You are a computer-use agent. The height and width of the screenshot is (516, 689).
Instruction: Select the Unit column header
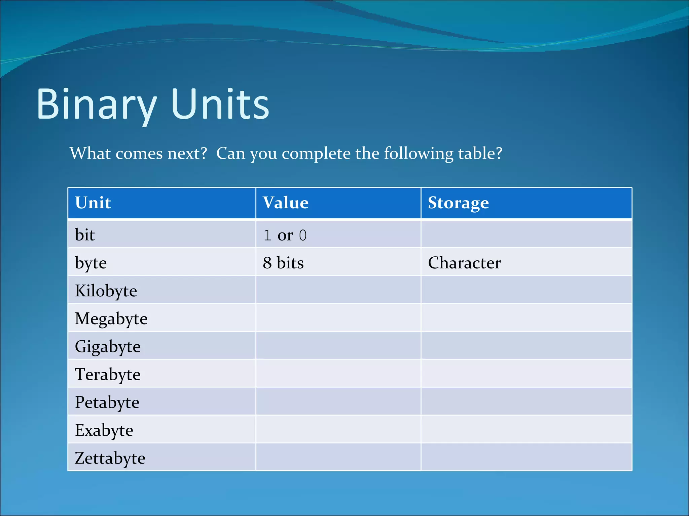tap(93, 203)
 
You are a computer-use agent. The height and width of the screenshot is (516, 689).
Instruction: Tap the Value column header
tap(286, 203)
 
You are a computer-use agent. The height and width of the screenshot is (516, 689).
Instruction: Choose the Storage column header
tap(458, 203)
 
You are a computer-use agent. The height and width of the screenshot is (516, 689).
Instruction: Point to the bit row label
tap(85, 234)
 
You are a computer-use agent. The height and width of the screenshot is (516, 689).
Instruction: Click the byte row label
tap(91, 263)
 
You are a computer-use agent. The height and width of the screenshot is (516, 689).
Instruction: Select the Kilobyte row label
tap(106, 291)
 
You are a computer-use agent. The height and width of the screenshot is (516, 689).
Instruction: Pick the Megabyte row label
tap(111, 319)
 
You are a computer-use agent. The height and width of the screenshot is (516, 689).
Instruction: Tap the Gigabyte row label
tap(108, 347)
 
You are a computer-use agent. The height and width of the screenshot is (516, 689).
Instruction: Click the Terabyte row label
tap(108, 375)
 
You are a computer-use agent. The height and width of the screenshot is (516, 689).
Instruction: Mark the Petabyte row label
tap(107, 402)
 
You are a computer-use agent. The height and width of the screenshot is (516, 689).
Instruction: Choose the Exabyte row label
tap(104, 430)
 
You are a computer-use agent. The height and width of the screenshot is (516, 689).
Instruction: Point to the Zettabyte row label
tap(110, 458)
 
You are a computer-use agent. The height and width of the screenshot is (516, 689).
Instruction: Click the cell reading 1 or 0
tap(285, 235)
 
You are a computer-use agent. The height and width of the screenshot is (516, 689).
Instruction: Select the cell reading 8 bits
tap(283, 263)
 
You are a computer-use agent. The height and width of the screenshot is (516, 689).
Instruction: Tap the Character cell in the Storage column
tap(464, 263)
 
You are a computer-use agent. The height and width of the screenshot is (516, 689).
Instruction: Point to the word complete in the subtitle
tap(316, 154)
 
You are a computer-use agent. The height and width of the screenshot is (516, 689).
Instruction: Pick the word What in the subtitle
tap(90, 154)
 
